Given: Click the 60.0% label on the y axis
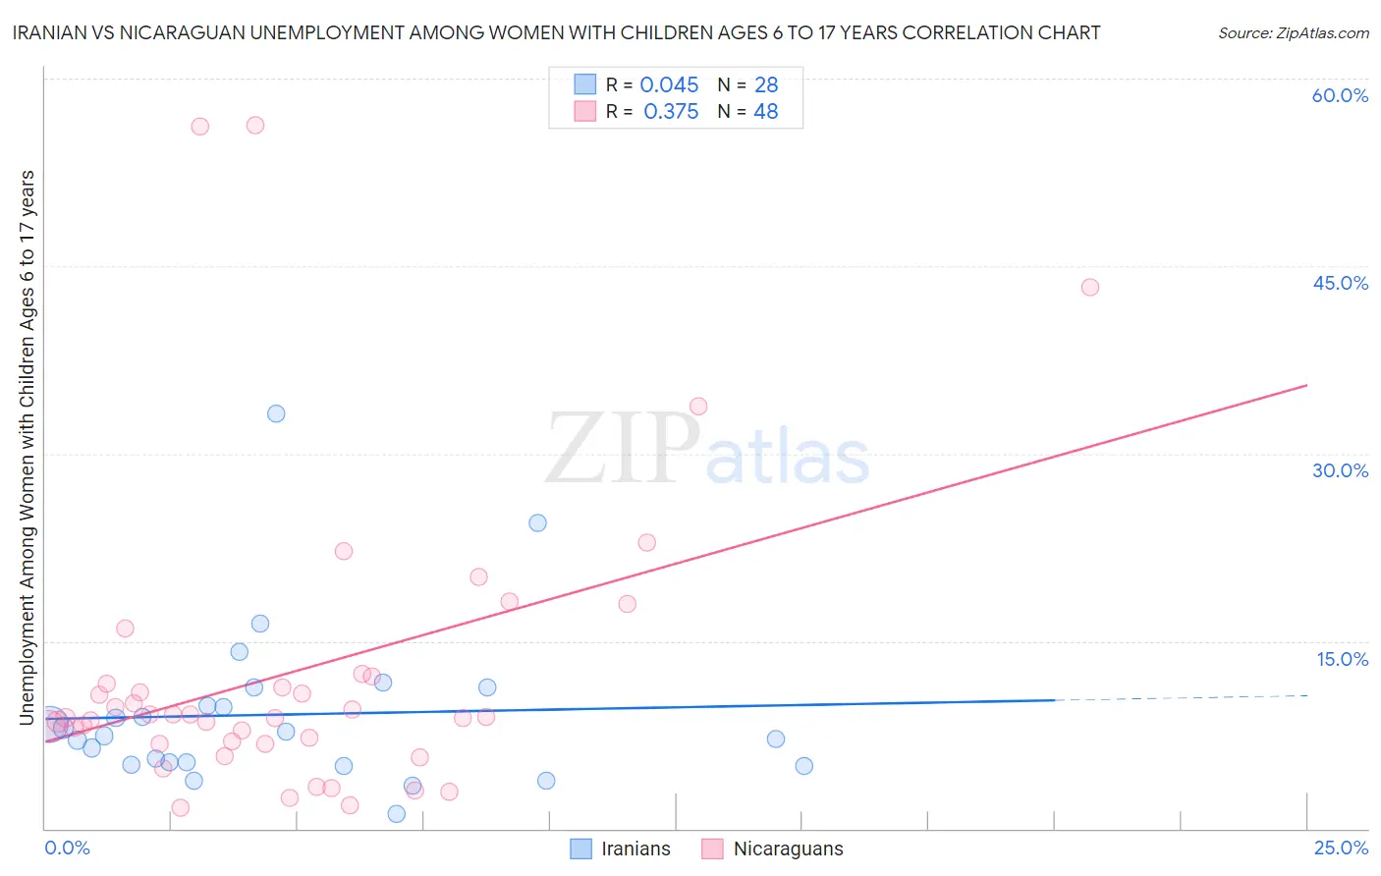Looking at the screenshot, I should pos(1340,95).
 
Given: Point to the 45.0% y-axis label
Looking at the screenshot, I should pos(1340,283).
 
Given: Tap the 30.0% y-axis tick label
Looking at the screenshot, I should pos(1340,470).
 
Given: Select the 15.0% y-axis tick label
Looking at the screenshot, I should pos(1342,659).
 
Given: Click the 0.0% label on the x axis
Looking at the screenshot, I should pos(67,848).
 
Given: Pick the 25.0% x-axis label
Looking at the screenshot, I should pos(1341,848).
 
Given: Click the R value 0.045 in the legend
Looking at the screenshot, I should pos(669,85).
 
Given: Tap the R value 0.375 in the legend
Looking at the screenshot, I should pos(671,112).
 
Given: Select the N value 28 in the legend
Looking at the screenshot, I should pos(766,85).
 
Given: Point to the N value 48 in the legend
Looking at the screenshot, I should pos(766,112).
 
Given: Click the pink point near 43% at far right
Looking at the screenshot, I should pos(1089,288).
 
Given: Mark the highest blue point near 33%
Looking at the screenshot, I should pos(276,413).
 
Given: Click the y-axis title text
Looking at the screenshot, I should pos(27,447).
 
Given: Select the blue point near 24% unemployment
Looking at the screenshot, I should pos(537,522).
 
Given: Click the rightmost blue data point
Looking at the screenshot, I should pos(803,766).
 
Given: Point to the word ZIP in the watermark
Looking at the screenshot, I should pos(622,451).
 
